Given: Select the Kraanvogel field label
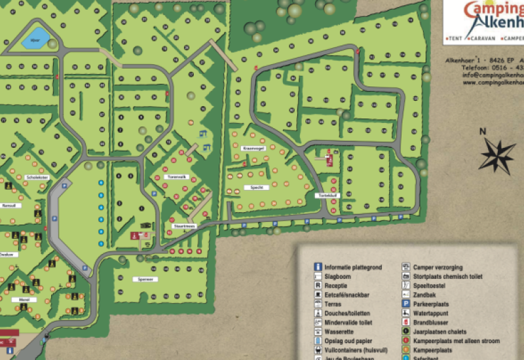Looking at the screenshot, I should click(252, 148).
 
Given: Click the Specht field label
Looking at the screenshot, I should click(257, 187).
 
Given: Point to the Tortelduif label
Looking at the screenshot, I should click(327, 196).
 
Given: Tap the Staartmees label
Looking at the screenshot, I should click(185, 226).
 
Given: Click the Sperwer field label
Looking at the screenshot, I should click(147, 279).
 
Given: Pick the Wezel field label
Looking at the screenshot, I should click(24, 300).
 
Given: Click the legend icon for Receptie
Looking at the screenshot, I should click(318, 285).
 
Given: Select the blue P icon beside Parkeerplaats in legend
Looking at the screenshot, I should click(405, 304).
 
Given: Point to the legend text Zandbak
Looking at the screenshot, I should click(425, 295).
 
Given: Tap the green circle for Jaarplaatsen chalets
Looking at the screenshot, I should click(405, 332).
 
